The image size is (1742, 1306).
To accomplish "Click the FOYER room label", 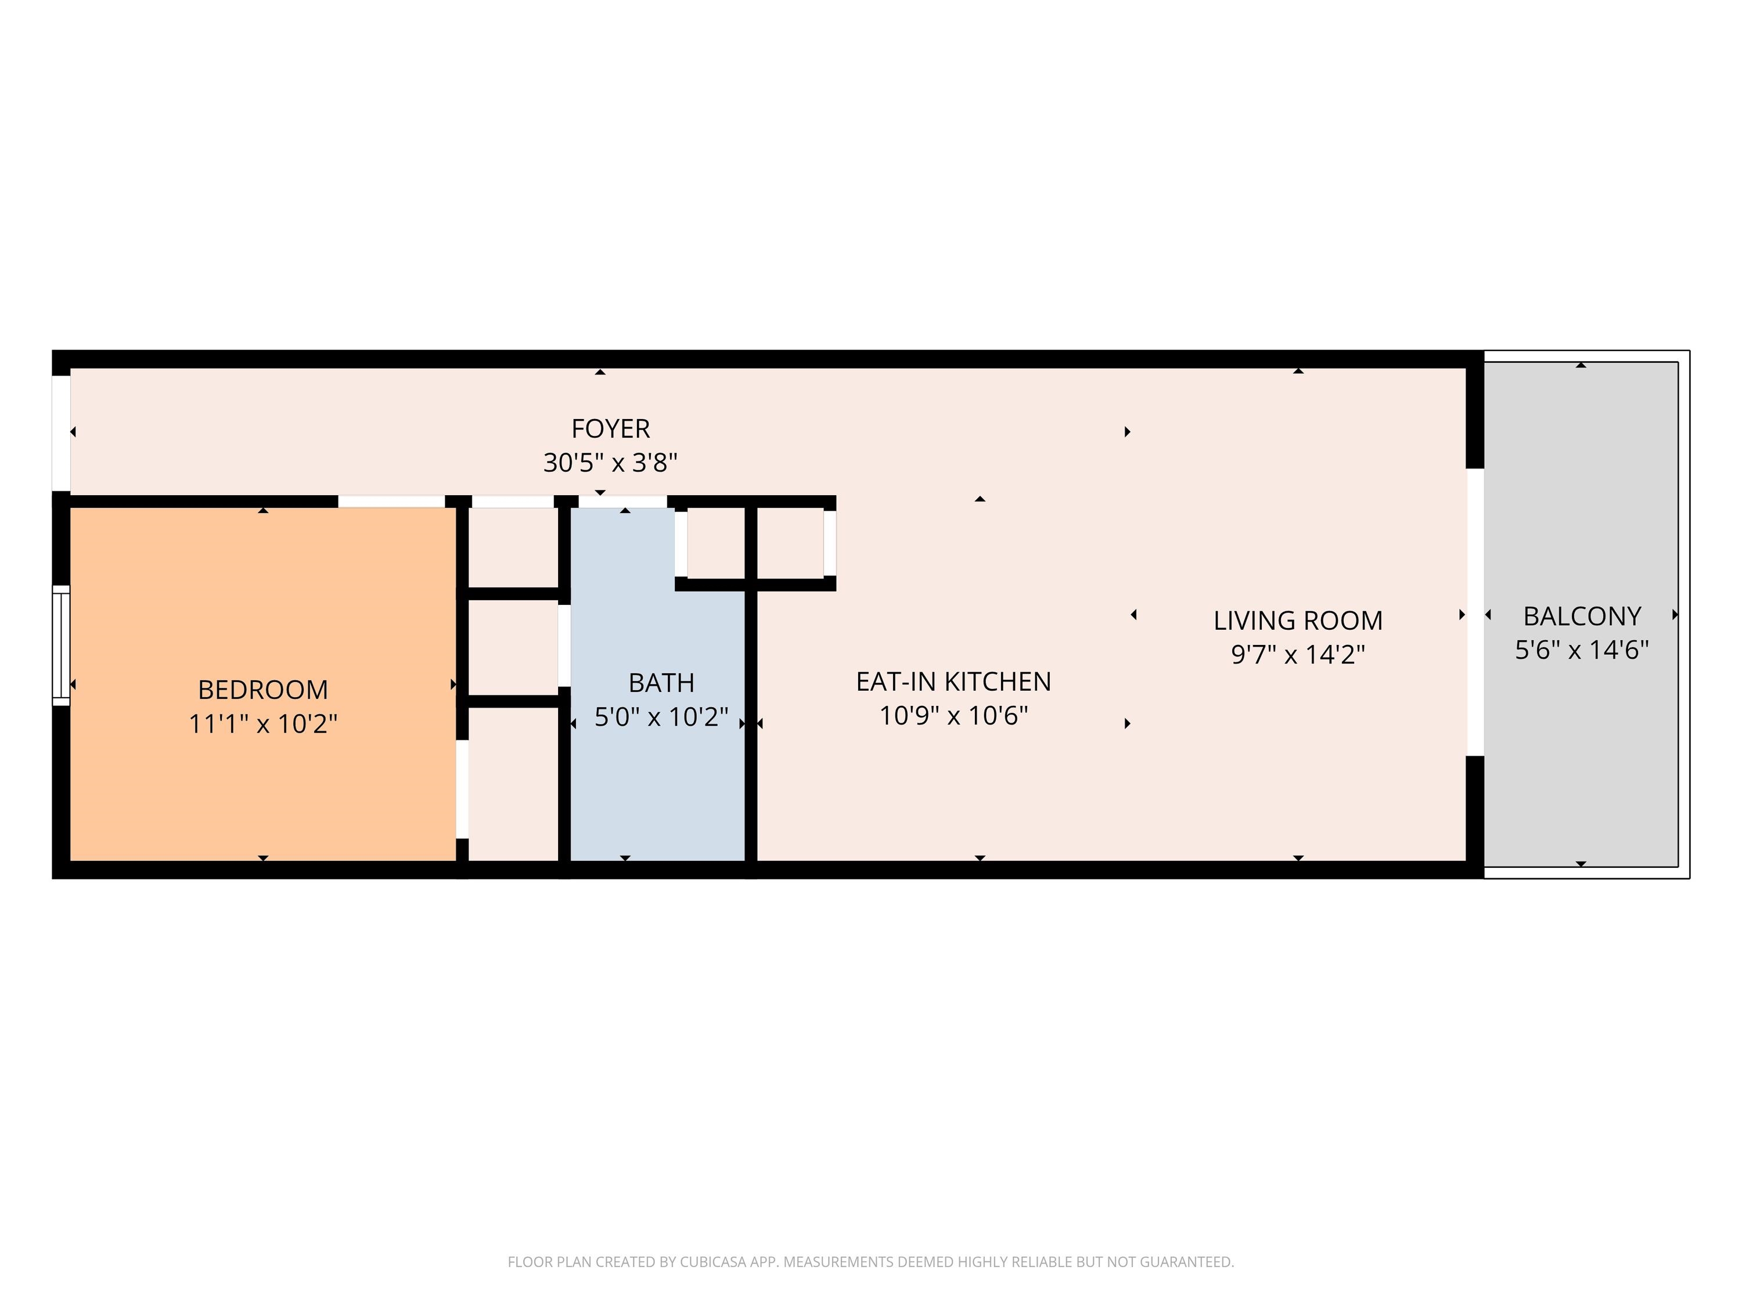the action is pos(610,429).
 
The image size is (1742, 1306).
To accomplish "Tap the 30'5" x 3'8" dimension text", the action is pos(610,463).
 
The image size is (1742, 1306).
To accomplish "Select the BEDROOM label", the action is pos(263,690).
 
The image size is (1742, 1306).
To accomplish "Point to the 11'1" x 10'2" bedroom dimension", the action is pos(263,723).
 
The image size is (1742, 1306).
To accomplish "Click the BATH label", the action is pos(661,683).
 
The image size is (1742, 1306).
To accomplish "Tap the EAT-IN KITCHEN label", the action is pos(953,682).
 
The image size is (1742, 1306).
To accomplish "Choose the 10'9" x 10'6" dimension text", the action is pos(953,716).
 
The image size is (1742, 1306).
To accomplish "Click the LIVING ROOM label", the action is pos(1298,621).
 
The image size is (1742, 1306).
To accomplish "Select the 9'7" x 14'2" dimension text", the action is pos(1298,655).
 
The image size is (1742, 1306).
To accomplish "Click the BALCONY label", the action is pos(1582,616).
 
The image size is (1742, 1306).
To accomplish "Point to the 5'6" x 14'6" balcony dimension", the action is pos(1582,650).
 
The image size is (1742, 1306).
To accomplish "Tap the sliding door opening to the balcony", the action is pos(1475,612).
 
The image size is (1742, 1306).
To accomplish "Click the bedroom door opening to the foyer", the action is pos(391,502).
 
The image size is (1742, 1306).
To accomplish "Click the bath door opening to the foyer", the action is pos(623,502).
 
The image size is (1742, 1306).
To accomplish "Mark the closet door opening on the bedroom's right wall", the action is pos(462,789).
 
